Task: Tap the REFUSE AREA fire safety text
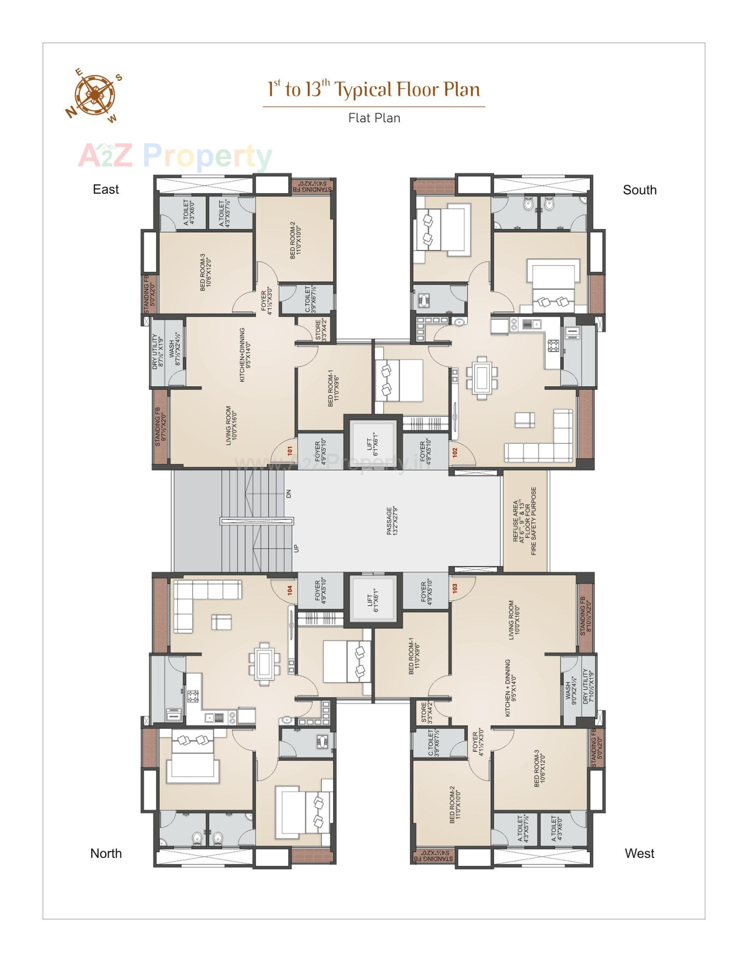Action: point(524,521)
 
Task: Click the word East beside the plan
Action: point(106,190)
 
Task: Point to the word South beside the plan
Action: point(639,190)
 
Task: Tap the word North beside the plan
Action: point(106,853)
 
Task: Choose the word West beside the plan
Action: point(639,853)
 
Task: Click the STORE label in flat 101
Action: point(321,330)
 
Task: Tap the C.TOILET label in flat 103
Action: point(434,743)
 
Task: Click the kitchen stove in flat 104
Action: point(192,696)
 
